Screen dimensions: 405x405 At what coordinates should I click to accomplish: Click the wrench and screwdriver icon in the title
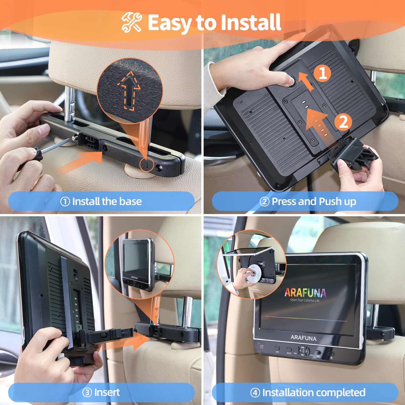tap(131, 23)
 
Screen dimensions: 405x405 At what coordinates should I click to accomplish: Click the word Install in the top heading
tap(251, 23)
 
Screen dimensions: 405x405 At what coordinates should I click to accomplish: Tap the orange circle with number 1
tap(322, 73)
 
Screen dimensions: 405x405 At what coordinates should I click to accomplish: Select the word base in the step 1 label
tap(130, 201)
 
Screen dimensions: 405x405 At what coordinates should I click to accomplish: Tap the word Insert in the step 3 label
tap(107, 392)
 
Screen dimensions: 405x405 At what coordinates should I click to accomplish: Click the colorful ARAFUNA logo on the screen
tap(305, 293)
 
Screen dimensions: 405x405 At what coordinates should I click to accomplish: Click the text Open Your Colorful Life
tap(305, 300)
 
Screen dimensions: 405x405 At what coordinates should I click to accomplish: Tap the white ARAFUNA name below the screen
tap(303, 338)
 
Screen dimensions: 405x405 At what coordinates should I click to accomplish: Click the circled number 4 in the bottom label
tap(255, 393)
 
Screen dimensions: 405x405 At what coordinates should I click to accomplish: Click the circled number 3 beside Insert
tap(87, 393)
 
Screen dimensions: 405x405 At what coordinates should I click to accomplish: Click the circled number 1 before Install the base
tap(65, 202)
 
